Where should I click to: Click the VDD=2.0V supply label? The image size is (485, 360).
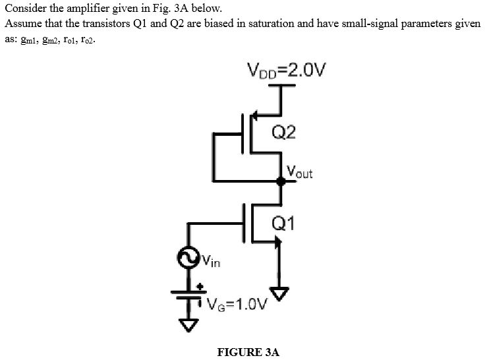[286, 69]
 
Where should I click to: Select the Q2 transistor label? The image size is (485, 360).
[284, 133]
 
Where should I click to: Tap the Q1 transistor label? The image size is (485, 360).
[283, 224]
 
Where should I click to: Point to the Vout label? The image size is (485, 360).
[299, 172]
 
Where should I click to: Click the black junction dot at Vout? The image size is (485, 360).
[280, 181]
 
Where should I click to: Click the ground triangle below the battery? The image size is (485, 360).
[189, 325]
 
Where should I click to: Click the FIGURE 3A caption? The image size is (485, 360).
[248, 351]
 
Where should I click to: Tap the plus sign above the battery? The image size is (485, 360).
[199, 287]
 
